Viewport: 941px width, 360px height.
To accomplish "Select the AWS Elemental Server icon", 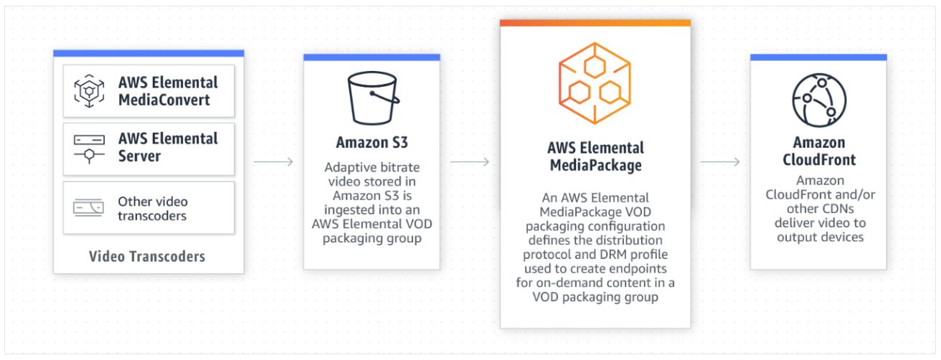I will pyautogui.click(x=89, y=148).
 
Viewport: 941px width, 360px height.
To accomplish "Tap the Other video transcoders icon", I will pyautogui.click(x=89, y=207).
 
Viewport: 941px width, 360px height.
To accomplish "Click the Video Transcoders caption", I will pyautogui.click(x=148, y=256).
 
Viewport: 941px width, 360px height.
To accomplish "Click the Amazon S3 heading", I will pyautogui.click(x=372, y=140).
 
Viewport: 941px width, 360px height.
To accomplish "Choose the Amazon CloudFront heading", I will pyautogui.click(x=818, y=151).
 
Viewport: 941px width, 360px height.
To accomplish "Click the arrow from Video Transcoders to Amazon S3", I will pyautogui.click(x=273, y=162).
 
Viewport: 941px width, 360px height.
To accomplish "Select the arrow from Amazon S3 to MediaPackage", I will pyautogui.click(x=469, y=162).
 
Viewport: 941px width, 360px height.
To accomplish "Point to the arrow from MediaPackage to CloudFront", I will pyautogui.click(x=720, y=162).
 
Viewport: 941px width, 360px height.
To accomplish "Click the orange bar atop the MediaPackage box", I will pyautogui.click(x=595, y=23).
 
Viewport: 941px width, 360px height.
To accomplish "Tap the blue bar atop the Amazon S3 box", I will pyautogui.click(x=372, y=57).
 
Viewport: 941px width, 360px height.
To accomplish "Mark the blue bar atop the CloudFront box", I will pyautogui.click(x=818, y=57).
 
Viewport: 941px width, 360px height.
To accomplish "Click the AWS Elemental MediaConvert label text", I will pyautogui.click(x=168, y=91).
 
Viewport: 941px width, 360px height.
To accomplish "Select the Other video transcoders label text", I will pyautogui.click(x=153, y=208).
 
